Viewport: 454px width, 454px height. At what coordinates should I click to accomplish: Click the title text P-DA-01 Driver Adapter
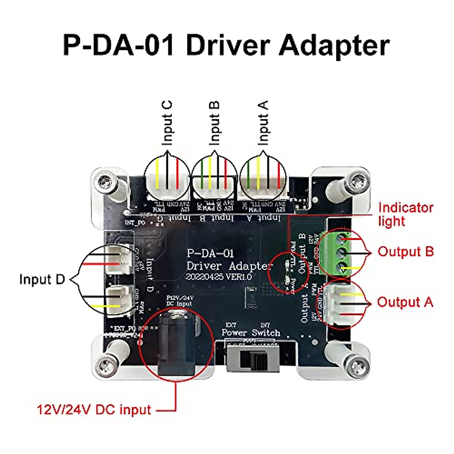(x=226, y=45)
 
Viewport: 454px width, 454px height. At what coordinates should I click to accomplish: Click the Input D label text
(x=42, y=279)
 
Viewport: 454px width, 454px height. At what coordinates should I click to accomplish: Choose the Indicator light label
(x=405, y=214)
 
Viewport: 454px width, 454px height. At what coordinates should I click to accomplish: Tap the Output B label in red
(x=405, y=252)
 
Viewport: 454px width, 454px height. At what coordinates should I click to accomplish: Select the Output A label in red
(x=405, y=302)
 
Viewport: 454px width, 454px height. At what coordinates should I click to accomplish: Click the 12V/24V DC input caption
(x=94, y=409)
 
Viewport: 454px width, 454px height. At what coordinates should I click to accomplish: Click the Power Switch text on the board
(x=251, y=333)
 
